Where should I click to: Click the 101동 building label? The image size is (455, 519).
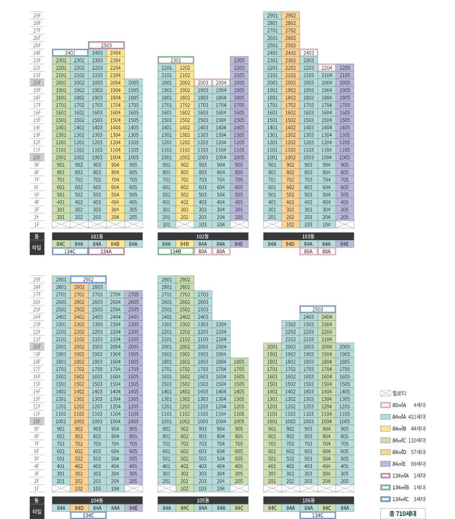[97, 236]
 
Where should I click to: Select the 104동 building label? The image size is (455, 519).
[97, 500]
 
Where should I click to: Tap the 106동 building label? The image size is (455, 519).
[308, 500]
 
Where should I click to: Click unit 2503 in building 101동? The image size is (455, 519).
[106, 45]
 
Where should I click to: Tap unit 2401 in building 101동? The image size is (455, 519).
[70, 53]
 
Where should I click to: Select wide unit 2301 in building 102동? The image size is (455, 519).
[176, 60]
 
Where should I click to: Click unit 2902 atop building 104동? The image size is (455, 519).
[89, 280]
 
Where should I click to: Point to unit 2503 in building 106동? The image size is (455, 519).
[317, 309]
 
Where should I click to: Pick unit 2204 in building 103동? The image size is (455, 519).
[327, 67]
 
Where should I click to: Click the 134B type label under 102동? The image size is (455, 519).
[176, 251]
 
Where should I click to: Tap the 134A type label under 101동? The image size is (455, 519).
[106, 251]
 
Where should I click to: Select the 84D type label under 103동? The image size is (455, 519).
[290, 244]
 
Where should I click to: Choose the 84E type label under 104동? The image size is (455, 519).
[133, 508]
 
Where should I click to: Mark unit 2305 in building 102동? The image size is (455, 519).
[238, 60]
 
